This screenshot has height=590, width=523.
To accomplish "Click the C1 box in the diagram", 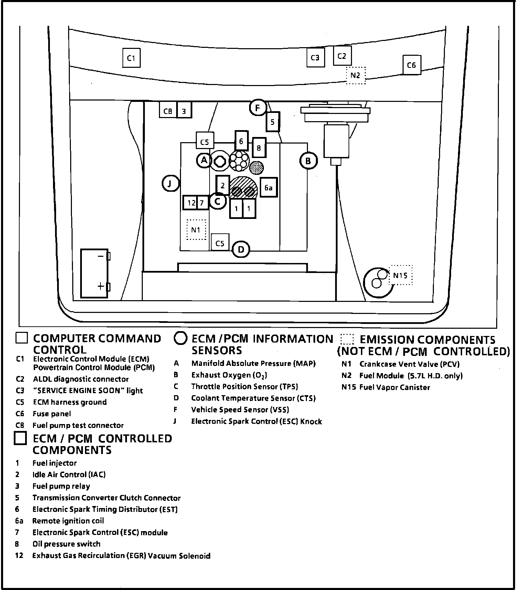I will [x=131, y=58].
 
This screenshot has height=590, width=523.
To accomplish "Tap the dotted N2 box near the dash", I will [x=355, y=75].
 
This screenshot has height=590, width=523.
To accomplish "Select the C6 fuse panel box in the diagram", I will [x=412, y=65].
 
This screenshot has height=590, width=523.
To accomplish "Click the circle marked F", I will [x=258, y=108].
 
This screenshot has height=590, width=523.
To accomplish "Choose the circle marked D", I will [x=241, y=249].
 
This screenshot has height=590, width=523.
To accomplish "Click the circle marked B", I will [x=308, y=161].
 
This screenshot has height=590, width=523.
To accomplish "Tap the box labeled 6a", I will [x=268, y=188].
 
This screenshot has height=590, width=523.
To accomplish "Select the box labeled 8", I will [x=259, y=148].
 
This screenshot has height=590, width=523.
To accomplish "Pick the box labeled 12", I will [x=191, y=203].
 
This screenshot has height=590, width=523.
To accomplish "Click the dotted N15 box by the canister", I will [x=401, y=275].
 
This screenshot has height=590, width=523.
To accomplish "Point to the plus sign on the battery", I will [x=100, y=286].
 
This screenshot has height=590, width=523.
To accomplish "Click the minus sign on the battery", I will [x=100, y=256].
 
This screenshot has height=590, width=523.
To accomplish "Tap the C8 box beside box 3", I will [x=168, y=111].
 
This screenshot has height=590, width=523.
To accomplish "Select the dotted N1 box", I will [x=196, y=230].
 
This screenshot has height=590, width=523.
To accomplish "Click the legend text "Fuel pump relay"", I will [x=61, y=486].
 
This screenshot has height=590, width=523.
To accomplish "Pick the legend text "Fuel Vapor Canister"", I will [x=394, y=387].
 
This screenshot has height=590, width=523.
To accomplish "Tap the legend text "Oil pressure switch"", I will [x=66, y=544].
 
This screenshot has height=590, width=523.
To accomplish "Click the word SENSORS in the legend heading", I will [x=217, y=350].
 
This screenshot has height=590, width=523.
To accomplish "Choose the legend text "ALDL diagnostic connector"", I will [x=81, y=379].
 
